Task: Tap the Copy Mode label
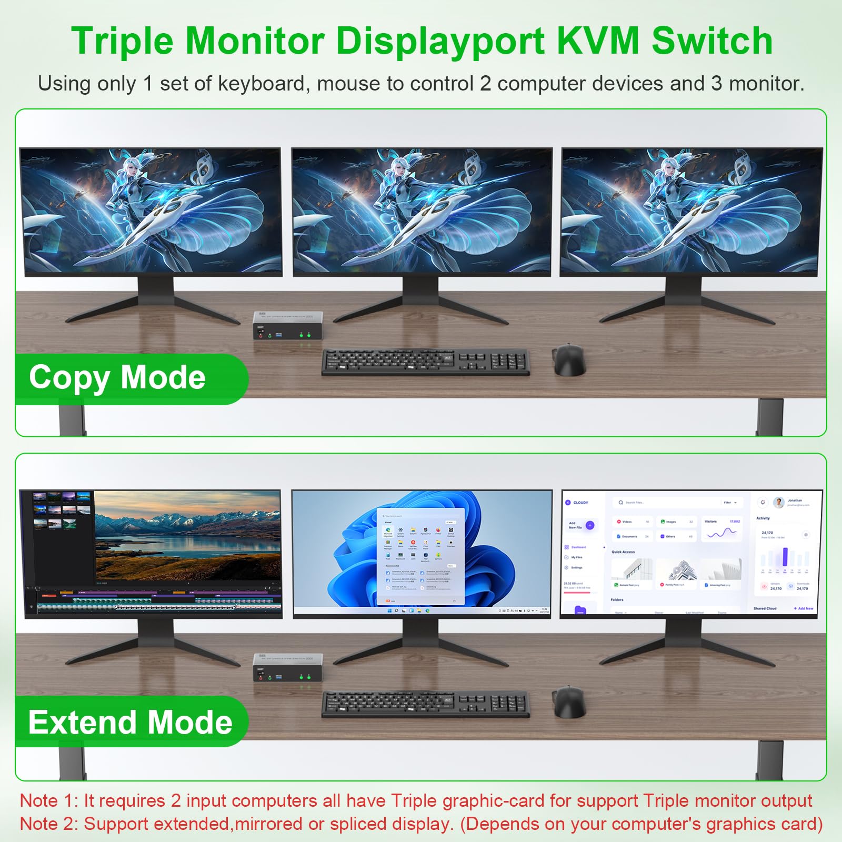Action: (x=117, y=378)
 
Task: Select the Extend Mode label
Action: (x=130, y=722)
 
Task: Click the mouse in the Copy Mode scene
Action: (x=569, y=360)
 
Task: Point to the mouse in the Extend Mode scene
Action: (x=569, y=703)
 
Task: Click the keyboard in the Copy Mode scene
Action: (x=425, y=362)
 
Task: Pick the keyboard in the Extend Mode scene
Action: (x=425, y=704)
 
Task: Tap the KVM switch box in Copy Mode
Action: (x=287, y=325)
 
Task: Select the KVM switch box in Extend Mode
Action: (x=287, y=667)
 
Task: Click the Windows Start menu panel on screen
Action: (x=420, y=557)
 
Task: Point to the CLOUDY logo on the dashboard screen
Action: (x=577, y=503)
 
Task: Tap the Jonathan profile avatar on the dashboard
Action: (x=779, y=503)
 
